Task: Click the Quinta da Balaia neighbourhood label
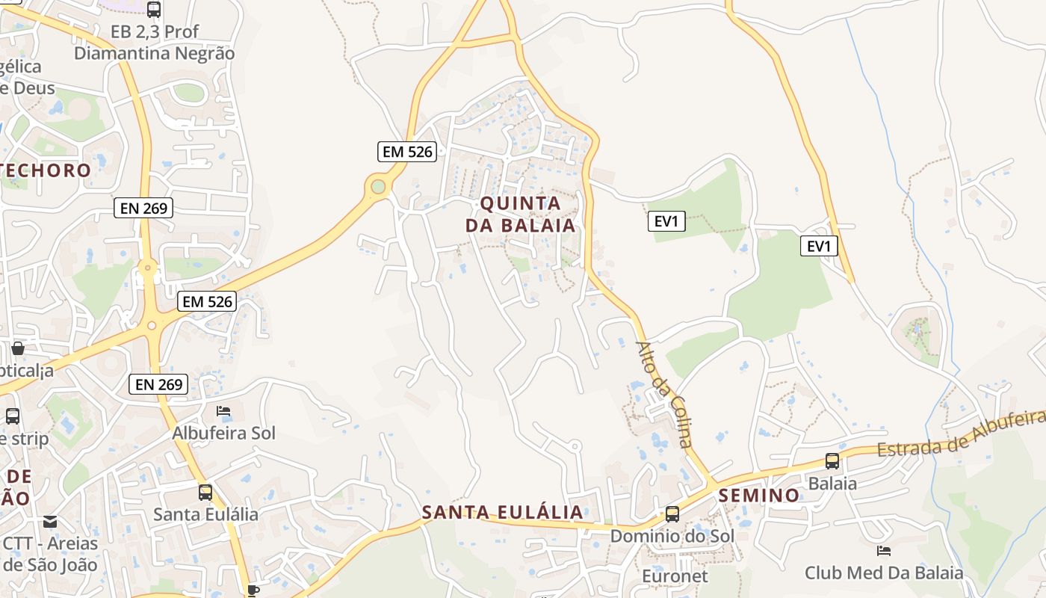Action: click(x=521, y=214)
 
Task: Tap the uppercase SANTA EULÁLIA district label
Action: click(x=502, y=512)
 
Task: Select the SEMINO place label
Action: click(x=759, y=495)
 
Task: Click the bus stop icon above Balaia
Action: click(x=832, y=461)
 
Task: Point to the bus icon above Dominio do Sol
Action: click(x=672, y=514)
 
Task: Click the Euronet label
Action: click(x=675, y=576)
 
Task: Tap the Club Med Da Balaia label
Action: click(x=884, y=573)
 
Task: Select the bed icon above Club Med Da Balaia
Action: click(x=884, y=551)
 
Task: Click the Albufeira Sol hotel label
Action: click(x=223, y=433)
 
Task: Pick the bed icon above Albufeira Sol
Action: click(x=223, y=410)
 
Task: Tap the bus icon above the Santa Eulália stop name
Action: click(x=205, y=493)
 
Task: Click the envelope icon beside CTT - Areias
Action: click(x=50, y=522)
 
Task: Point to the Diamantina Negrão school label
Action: click(x=154, y=53)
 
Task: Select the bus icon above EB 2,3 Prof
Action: click(x=154, y=10)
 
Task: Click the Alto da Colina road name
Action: click(x=664, y=394)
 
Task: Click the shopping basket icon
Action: click(x=17, y=348)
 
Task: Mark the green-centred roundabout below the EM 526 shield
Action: click(x=378, y=186)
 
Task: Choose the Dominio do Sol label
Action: click(x=672, y=536)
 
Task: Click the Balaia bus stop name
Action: click(x=832, y=483)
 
